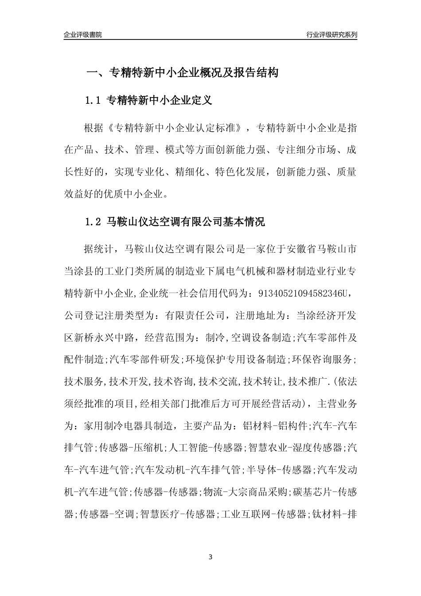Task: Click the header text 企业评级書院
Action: tap(82, 35)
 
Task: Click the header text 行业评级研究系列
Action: tap(331, 35)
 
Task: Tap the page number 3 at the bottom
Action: tap(210, 557)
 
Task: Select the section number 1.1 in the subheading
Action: tap(94, 101)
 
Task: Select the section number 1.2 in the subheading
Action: tap(94, 222)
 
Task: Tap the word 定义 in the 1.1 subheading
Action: tap(202, 101)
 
